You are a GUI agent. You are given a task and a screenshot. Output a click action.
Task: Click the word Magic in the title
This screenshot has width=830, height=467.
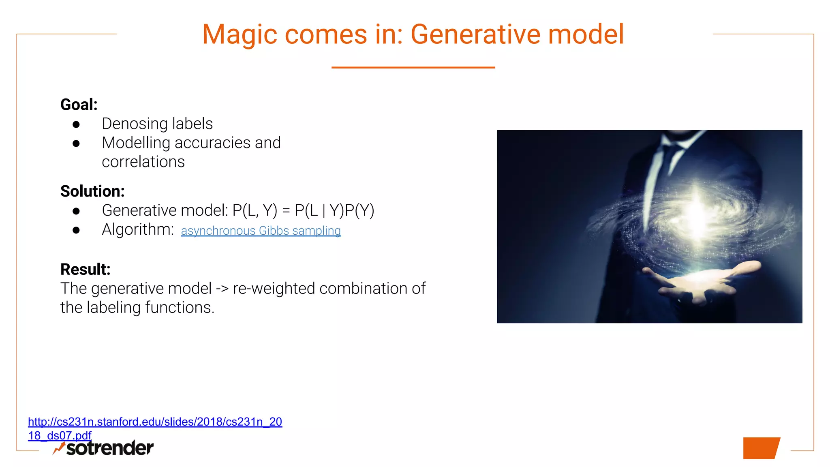click(240, 35)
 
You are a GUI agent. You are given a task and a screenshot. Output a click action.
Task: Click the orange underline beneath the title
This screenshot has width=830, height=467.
click(413, 67)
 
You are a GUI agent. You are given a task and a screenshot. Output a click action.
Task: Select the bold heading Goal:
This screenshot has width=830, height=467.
click(79, 105)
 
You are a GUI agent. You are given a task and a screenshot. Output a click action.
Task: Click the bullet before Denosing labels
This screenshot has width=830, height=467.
click(76, 124)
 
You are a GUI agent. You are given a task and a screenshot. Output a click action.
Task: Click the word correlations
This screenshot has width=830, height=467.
click(143, 162)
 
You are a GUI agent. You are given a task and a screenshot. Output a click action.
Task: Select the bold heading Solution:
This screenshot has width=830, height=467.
click(92, 191)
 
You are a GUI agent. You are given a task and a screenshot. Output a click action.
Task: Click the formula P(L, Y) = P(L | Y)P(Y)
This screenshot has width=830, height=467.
click(303, 210)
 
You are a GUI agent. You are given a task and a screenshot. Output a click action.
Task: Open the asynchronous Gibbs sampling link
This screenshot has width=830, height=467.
click(261, 231)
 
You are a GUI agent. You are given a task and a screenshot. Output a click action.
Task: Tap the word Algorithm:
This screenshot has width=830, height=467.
click(138, 229)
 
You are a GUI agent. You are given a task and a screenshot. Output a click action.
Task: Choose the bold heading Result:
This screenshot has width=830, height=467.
click(86, 270)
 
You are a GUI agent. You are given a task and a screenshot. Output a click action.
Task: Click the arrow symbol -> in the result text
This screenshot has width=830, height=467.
click(222, 289)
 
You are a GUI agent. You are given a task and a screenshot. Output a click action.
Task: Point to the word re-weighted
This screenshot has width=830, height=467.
click(274, 289)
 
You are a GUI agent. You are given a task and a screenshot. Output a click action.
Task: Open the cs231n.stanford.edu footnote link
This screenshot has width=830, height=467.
click(155, 422)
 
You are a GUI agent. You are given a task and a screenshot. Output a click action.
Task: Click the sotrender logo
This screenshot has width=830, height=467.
click(104, 448)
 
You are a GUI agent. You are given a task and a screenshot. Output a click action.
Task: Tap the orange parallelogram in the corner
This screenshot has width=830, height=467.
click(761, 448)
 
